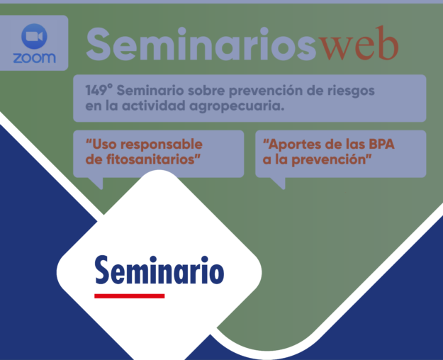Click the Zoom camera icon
click(33, 36)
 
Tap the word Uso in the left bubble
click(101, 145)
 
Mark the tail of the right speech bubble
click(278, 183)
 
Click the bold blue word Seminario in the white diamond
click(159, 270)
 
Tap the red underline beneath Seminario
click(130, 295)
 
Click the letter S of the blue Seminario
click(103, 270)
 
